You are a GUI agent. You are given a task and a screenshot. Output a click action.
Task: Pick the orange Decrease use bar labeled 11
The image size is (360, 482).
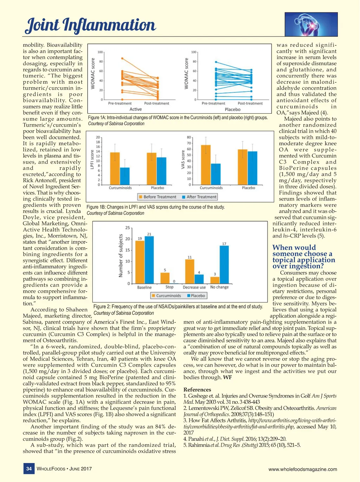click(x=189, y=271)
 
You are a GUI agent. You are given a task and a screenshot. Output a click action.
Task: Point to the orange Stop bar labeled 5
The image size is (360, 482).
click(x=165, y=278)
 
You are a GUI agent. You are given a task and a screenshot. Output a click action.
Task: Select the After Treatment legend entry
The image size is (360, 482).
click(x=199, y=197)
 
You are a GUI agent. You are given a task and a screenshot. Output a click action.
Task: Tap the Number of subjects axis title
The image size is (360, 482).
click(x=121, y=255)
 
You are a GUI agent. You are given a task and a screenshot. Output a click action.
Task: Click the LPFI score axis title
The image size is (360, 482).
click(x=92, y=160)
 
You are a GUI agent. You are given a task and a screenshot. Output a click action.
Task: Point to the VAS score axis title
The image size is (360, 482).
click(x=183, y=159)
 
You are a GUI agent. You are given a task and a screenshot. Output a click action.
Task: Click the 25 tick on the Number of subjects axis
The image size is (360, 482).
click(x=127, y=228)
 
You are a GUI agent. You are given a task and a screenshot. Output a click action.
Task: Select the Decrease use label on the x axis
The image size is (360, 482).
click(x=194, y=287)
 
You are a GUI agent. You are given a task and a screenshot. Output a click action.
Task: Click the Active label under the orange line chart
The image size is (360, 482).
click(x=136, y=109)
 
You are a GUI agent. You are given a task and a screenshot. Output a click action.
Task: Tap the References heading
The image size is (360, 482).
click(x=197, y=389)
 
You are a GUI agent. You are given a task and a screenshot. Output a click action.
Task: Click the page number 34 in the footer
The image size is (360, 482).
click(x=29, y=469)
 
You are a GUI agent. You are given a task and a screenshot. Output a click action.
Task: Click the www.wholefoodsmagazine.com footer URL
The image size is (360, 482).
click(x=302, y=469)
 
